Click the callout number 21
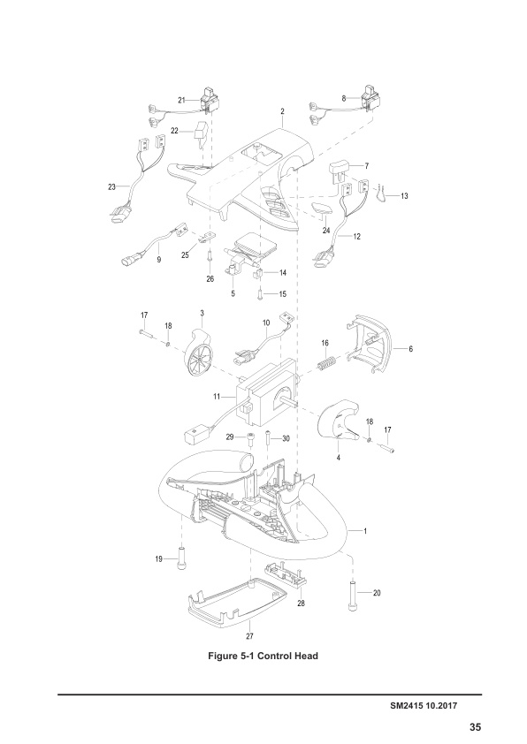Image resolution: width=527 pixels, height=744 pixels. (x=181, y=101)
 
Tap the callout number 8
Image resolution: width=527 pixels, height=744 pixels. (x=343, y=100)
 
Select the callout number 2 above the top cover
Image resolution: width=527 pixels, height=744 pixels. (x=281, y=112)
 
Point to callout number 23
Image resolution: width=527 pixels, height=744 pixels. (x=111, y=186)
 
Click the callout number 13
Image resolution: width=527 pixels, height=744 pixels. (x=404, y=195)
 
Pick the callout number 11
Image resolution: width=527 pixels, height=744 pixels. (x=216, y=398)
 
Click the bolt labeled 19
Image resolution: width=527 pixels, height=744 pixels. (x=182, y=557)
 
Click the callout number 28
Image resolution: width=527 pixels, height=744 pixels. (x=302, y=603)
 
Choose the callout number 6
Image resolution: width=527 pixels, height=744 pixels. (x=409, y=349)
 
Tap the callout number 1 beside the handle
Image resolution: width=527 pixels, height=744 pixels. (x=365, y=531)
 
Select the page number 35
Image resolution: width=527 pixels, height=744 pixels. (x=475, y=727)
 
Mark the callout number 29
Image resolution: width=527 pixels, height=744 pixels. (x=229, y=437)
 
